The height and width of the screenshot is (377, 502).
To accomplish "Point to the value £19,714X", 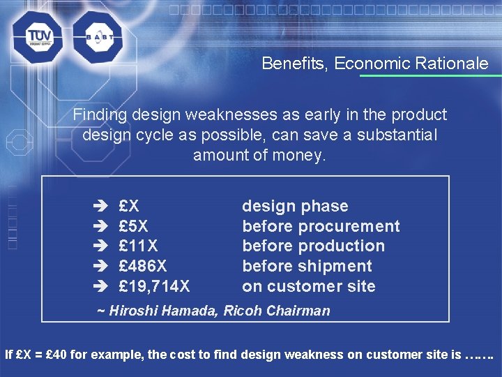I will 154,286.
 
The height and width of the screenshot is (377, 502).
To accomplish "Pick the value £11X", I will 138,246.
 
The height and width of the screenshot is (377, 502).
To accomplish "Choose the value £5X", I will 134,226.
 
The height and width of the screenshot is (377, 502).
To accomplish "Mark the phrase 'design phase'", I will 295,206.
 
